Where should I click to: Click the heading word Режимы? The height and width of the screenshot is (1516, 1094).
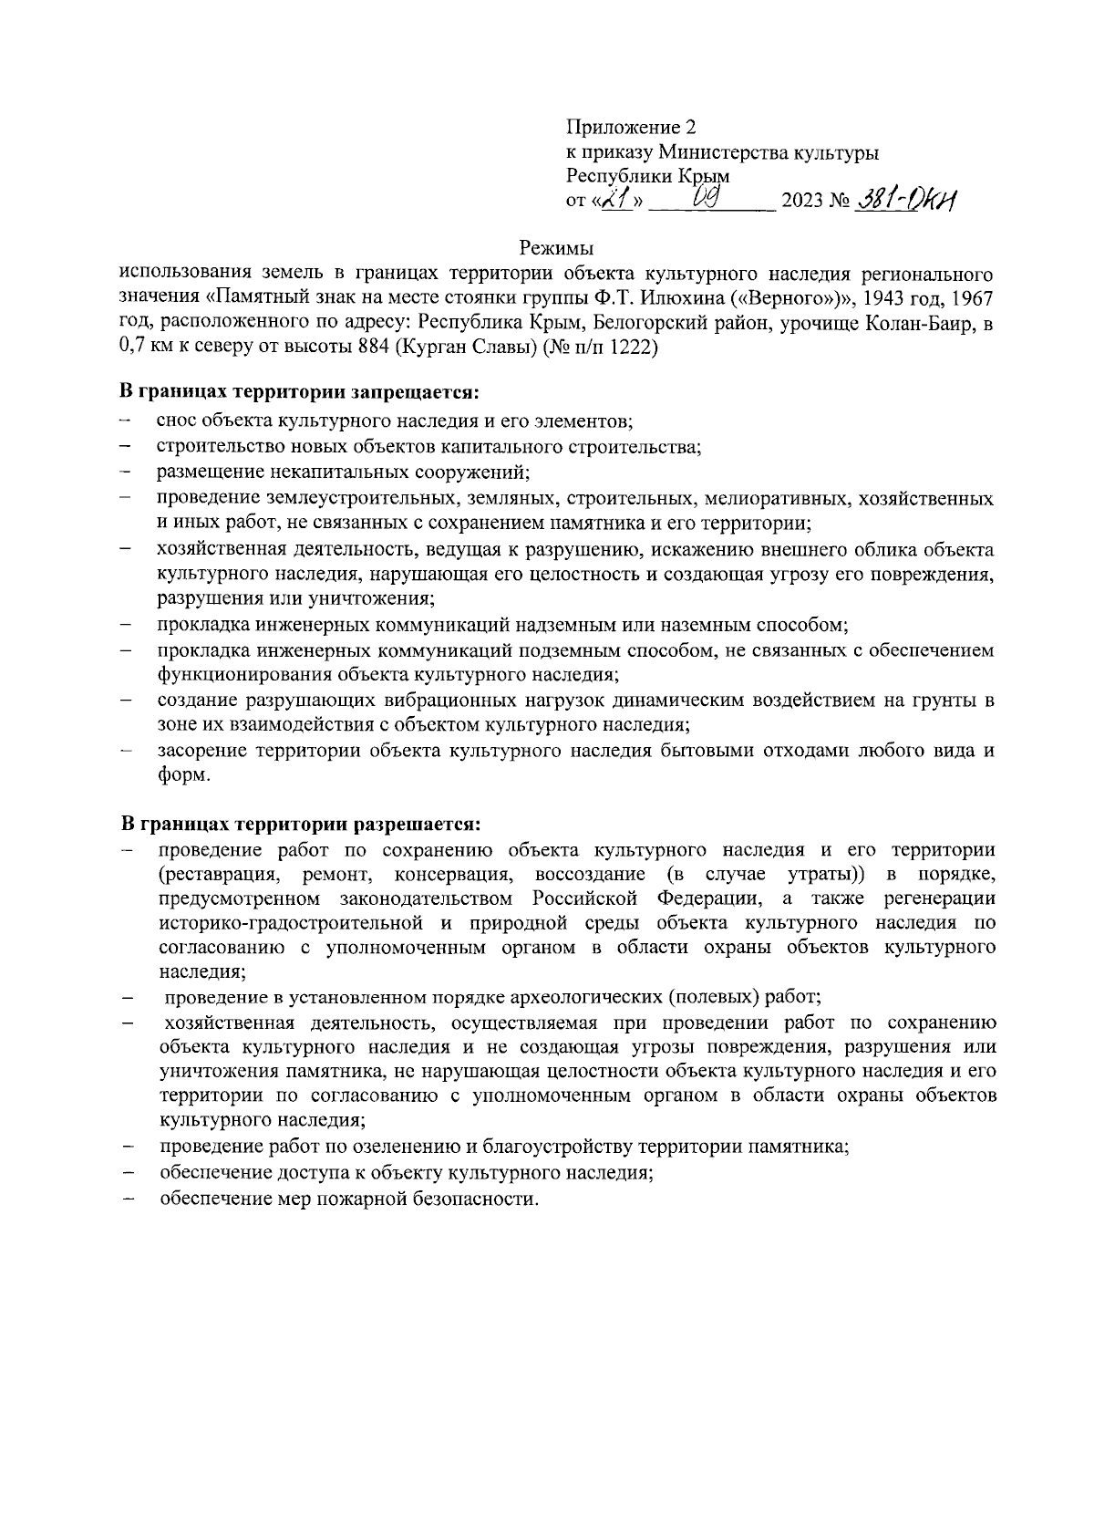tap(555, 246)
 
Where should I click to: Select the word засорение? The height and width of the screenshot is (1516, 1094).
tap(202, 752)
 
